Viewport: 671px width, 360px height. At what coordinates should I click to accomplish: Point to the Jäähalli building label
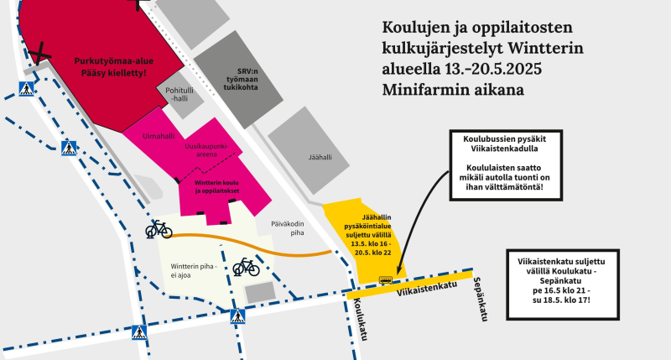pos(320,156)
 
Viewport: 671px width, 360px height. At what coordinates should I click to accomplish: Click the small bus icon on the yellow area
pos(387,280)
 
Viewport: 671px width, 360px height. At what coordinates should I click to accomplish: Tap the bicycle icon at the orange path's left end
pos(159,229)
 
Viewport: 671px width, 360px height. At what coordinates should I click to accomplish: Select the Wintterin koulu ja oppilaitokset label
pos(217,187)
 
